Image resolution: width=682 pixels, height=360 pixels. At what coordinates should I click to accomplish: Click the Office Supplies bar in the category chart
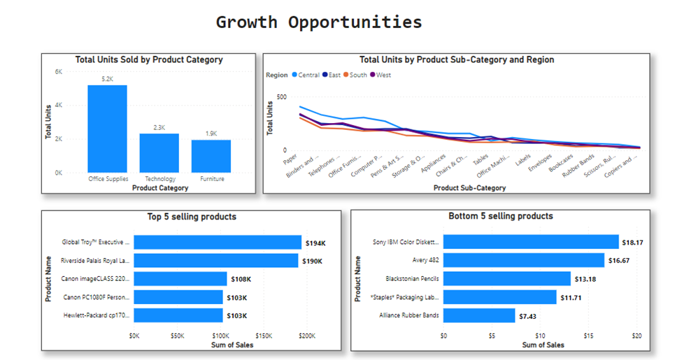coord(107,129)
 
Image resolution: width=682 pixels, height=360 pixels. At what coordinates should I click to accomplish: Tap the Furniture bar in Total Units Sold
coord(211,156)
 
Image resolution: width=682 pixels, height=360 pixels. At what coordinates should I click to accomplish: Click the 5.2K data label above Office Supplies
coord(107,79)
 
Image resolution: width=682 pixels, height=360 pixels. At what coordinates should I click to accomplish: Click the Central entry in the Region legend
coord(308,75)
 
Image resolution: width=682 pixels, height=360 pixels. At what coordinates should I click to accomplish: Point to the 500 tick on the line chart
coord(280,97)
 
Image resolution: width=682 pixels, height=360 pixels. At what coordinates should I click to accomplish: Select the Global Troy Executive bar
coord(218,242)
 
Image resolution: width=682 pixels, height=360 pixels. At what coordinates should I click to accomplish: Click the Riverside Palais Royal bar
coord(216,261)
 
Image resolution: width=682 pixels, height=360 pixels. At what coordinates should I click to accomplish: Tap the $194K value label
coord(315,243)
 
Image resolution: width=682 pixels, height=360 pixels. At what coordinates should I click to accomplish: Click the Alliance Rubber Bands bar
coord(479,315)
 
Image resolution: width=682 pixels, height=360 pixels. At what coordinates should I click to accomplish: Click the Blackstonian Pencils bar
coord(506,279)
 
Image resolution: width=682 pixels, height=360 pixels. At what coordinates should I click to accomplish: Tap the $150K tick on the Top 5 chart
coord(263,336)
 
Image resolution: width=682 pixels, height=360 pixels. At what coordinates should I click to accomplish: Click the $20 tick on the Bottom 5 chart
coord(637,336)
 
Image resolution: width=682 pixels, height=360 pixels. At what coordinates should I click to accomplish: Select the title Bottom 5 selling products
coord(500,216)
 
